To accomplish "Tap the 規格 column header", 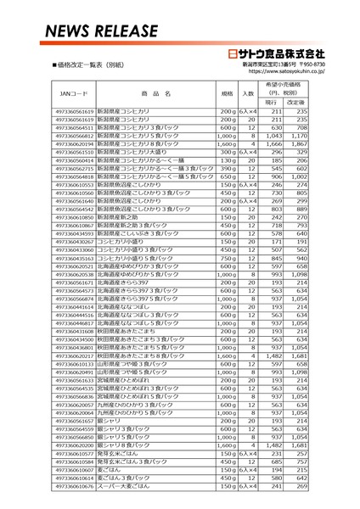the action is point(227,92).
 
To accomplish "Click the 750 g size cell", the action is point(226,258).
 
